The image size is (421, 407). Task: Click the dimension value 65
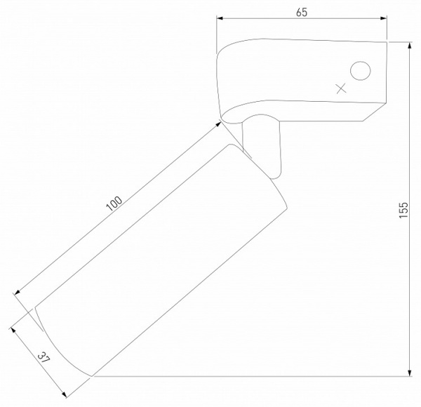[x=302, y=13]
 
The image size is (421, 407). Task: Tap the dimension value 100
[x=114, y=203]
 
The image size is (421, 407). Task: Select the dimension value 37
[x=44, y=357]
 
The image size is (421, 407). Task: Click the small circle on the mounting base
[x=361, y=71]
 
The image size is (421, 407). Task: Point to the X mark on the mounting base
[x=341, y=88]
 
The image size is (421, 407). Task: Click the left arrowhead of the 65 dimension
[x=220, y=18]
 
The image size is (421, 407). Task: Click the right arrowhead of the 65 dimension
[x=383, y=18]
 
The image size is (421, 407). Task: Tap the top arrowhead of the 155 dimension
[x=410, y=46]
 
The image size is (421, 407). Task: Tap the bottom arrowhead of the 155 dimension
[x=410, y=373]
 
